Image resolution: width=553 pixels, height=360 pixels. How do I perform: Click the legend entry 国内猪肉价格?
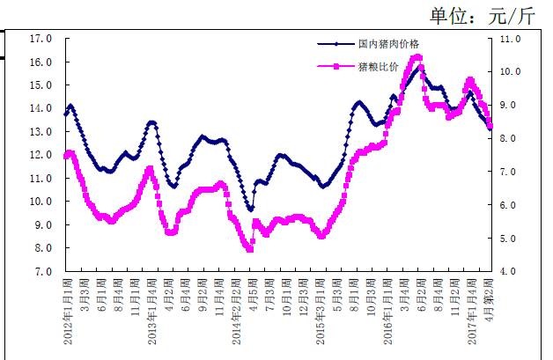388,43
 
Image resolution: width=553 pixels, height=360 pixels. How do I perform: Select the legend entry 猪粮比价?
379,67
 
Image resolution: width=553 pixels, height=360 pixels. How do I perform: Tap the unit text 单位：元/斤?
482,15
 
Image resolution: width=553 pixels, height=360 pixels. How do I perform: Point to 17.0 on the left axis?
41,39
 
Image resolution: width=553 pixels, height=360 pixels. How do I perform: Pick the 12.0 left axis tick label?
41,155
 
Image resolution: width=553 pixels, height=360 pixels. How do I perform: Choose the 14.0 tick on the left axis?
41,108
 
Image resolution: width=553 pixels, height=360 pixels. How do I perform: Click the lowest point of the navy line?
251,209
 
